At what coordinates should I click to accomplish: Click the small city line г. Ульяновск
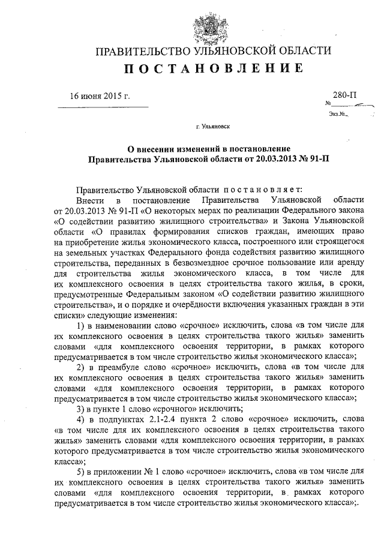coord(212,127)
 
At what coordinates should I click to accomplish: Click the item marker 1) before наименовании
coord(83,326)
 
